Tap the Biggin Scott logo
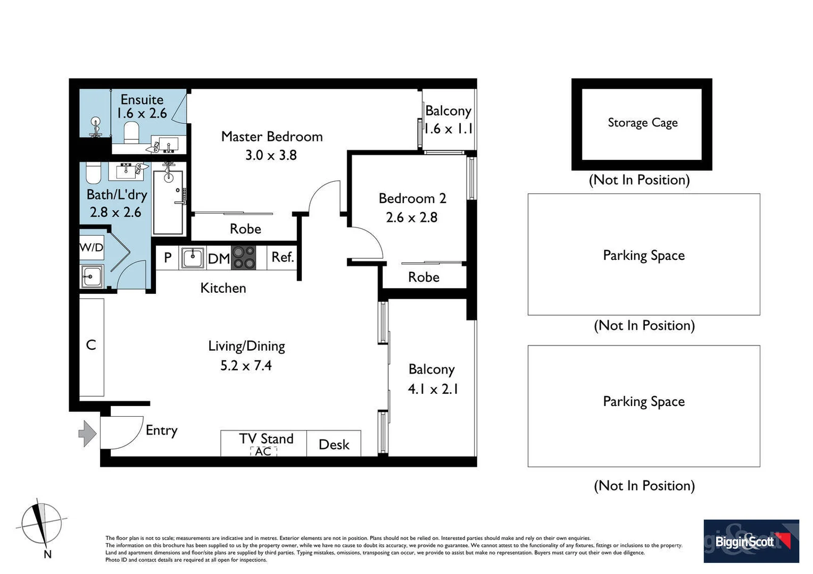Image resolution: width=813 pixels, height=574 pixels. [x=751, y=541]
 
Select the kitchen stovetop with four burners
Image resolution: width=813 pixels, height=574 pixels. [x=244, y=257]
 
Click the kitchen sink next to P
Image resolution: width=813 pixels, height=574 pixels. [x=192, y=258]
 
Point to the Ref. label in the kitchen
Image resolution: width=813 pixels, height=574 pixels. [x=282, y=257]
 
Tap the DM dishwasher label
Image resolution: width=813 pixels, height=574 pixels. [x=219, y=259]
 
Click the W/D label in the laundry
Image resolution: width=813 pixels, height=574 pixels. [x=92, y=248]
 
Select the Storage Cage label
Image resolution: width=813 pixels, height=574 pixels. [x=642, y=123]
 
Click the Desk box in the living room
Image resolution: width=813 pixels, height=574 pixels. [x=334, y=444]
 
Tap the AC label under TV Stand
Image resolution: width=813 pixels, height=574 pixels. [x=263, y=451]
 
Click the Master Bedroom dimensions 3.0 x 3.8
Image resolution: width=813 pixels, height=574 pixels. [x=271, y=155]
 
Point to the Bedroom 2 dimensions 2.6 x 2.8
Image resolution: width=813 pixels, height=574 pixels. [x=411, y=217]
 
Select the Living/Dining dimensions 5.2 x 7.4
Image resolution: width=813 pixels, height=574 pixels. [x=246, y=366]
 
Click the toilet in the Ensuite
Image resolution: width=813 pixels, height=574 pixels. [x=131, y=132]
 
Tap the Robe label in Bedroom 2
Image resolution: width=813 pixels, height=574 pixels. [x=424, y=277]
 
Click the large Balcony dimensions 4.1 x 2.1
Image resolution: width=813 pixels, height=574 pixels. [x=433, y=389]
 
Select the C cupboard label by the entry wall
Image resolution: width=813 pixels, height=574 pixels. [x=91, y=345]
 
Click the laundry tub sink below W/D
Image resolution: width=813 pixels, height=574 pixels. [x=91, y=276]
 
